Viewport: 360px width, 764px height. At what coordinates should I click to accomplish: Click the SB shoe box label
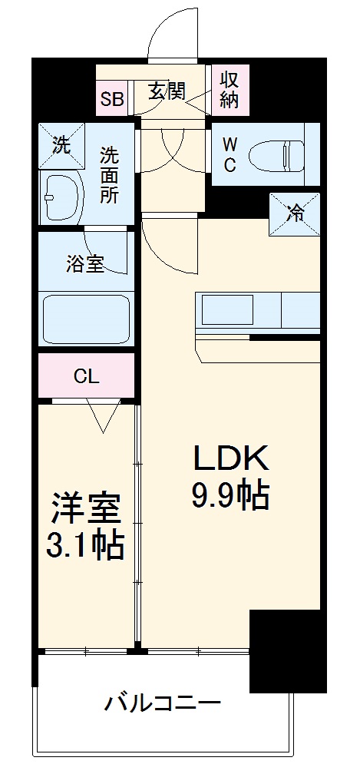point(114,98)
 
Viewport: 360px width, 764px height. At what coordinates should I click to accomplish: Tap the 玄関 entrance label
point(166,91)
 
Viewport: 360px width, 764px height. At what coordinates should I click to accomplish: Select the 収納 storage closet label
point(230,88)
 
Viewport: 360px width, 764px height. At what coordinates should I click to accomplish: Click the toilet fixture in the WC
point(289,155)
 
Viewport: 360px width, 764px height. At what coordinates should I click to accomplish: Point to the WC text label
point(230,154)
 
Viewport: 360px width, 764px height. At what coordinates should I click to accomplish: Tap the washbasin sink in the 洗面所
point(61,198)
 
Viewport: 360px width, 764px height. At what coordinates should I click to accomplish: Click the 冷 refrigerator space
point(294,214)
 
